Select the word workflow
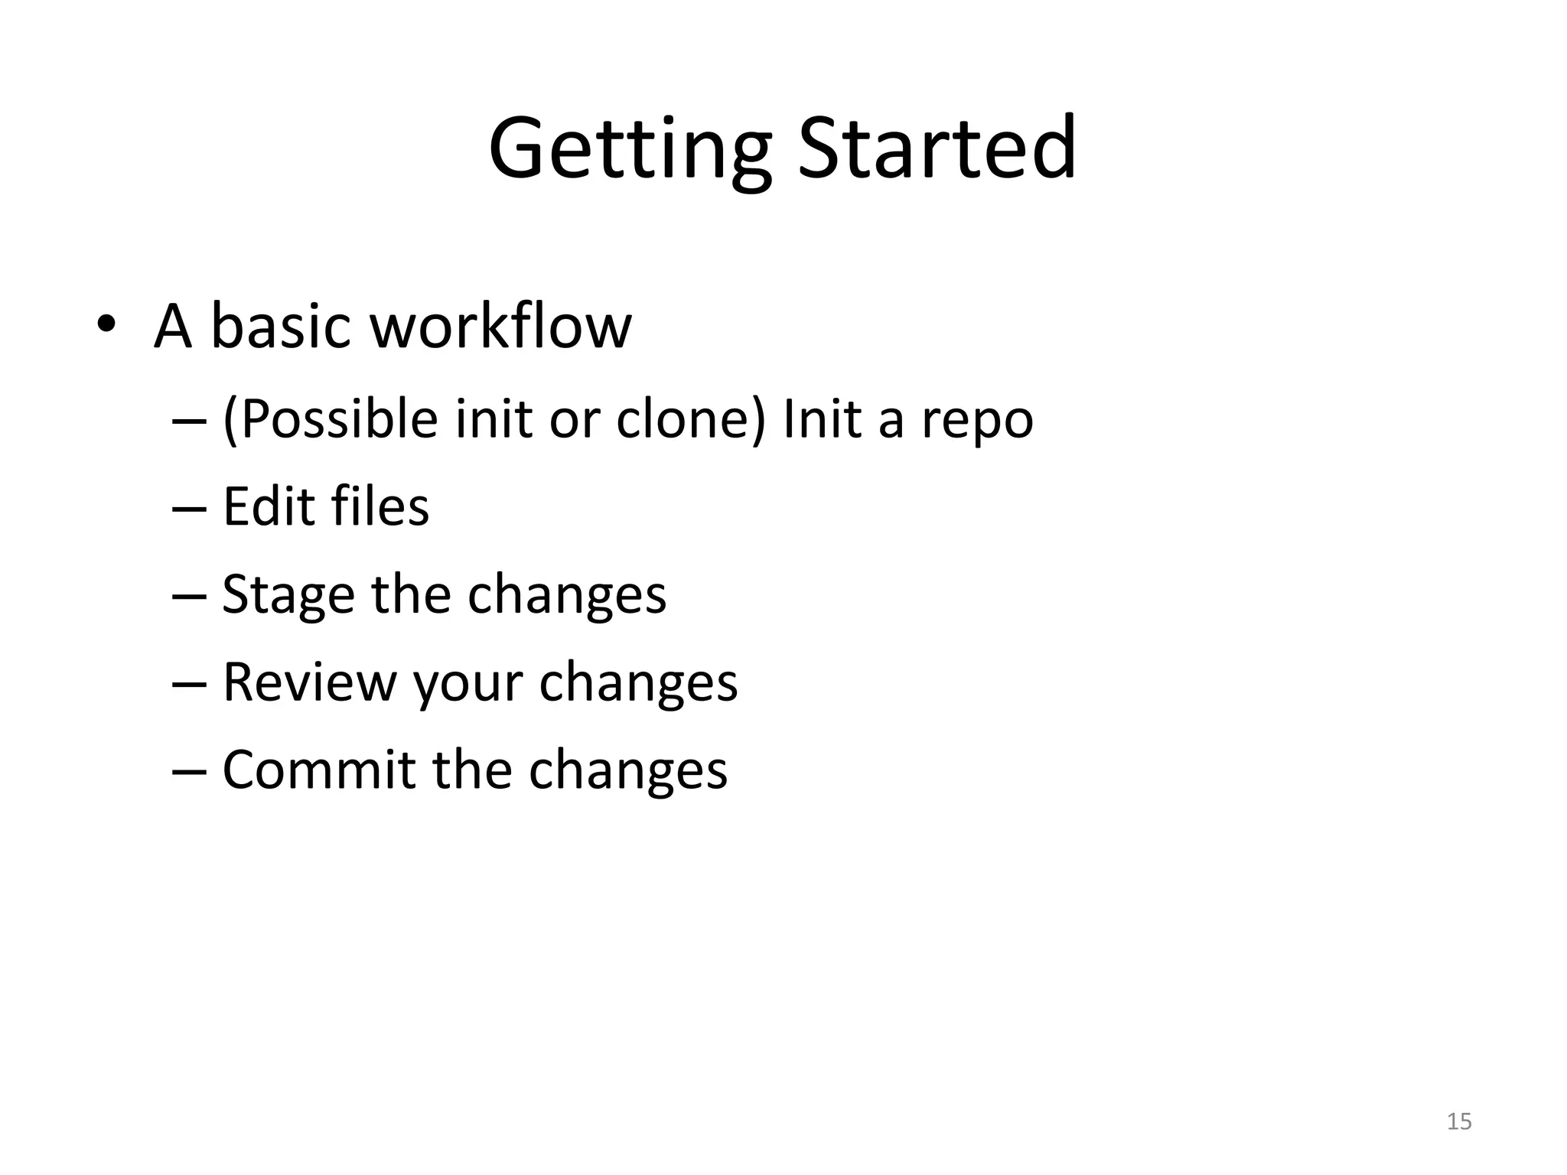[501, 326]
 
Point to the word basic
[280, 326]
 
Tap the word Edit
[269, 506]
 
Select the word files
[380, 506]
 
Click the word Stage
[288, 595]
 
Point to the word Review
[309, 682]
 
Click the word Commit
[318, 770]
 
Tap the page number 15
[1459, 1121]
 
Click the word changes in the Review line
[638, 683]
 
